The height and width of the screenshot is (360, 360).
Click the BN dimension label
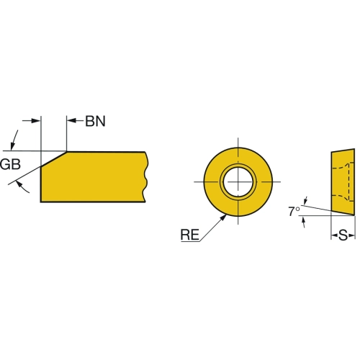[x=96, y=122]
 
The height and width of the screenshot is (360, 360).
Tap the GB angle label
[x=10, y=164]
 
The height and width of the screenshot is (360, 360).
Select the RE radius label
[x=190, y=235]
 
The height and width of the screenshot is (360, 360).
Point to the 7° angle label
[x=294, y=212]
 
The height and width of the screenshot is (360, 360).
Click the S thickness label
[x=343, y=235]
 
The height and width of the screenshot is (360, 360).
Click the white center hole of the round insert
[x=238, y=181]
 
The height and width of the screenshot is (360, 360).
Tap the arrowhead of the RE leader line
[x=223, y=217]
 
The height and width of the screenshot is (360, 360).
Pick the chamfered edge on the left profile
[x=54, y=158]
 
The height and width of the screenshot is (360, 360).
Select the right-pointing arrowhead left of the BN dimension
[x=36, y=120]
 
